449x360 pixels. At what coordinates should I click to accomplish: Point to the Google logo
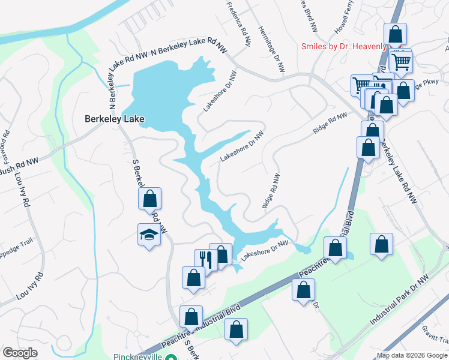point(20,353)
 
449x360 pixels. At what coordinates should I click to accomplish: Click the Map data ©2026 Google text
point(412,355)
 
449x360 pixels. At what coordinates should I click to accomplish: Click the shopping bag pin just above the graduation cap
point(150,198)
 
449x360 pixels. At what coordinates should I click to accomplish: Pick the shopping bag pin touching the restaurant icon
point(221,254)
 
